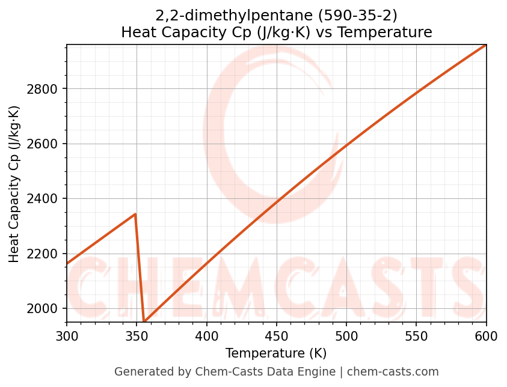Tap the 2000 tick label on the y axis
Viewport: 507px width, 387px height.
click(x=45, y=308)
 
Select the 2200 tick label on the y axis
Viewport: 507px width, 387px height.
click(x=45, y=254)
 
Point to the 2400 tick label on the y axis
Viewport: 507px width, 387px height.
click(x=45, y=199)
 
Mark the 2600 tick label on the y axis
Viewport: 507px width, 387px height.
click(x=45, y=144)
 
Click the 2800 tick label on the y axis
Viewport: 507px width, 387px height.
click(x=45, y=89)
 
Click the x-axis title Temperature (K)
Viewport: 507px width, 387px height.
click(x=276, y=353)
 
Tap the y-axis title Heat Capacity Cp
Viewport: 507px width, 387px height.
click(x=14, y=184)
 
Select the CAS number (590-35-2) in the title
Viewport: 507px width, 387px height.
click(x=359, y=16)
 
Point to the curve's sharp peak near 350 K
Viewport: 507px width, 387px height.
click(x=135, y=214)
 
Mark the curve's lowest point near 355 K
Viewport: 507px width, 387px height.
click(x=144, y=321)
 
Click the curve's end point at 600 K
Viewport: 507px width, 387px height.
click(x=485, y=45)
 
